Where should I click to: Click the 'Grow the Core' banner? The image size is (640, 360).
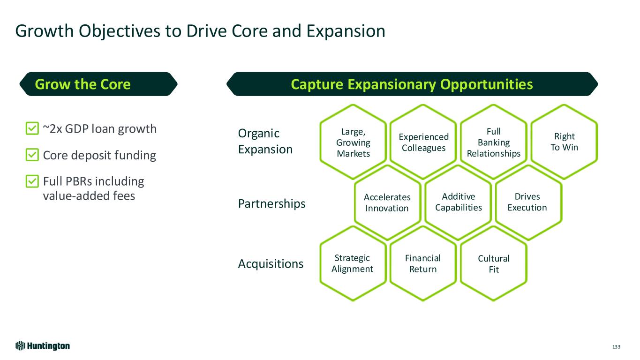(98, 84)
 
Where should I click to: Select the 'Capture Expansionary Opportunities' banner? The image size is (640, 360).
(412, 84)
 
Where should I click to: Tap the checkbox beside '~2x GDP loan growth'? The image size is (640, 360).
(31, 128)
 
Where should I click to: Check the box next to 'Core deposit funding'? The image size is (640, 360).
(31, 155)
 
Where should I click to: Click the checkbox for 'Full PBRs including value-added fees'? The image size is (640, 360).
(31, 181)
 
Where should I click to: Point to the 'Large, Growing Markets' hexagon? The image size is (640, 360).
(353, 141)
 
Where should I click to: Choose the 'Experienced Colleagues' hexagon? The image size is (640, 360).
(423, 142)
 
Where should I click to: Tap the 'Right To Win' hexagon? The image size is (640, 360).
(564, 142)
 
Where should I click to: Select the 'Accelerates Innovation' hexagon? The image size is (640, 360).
(387, 202)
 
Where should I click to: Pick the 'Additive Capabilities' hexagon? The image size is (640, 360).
(459, 202)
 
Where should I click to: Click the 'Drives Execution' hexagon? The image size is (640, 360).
(527, 202)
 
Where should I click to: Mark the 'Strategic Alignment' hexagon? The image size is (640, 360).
(353, 263)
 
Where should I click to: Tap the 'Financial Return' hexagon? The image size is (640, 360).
(423, 263)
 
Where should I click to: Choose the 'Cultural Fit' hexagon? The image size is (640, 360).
(494, 264)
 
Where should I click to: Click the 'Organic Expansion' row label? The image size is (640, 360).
(265, 141)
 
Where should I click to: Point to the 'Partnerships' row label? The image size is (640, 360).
(271, 203)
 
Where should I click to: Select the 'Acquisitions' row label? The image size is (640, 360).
(271, 264)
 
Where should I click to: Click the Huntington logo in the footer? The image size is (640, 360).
(43, 346)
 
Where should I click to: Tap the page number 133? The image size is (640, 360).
(616, 347)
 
